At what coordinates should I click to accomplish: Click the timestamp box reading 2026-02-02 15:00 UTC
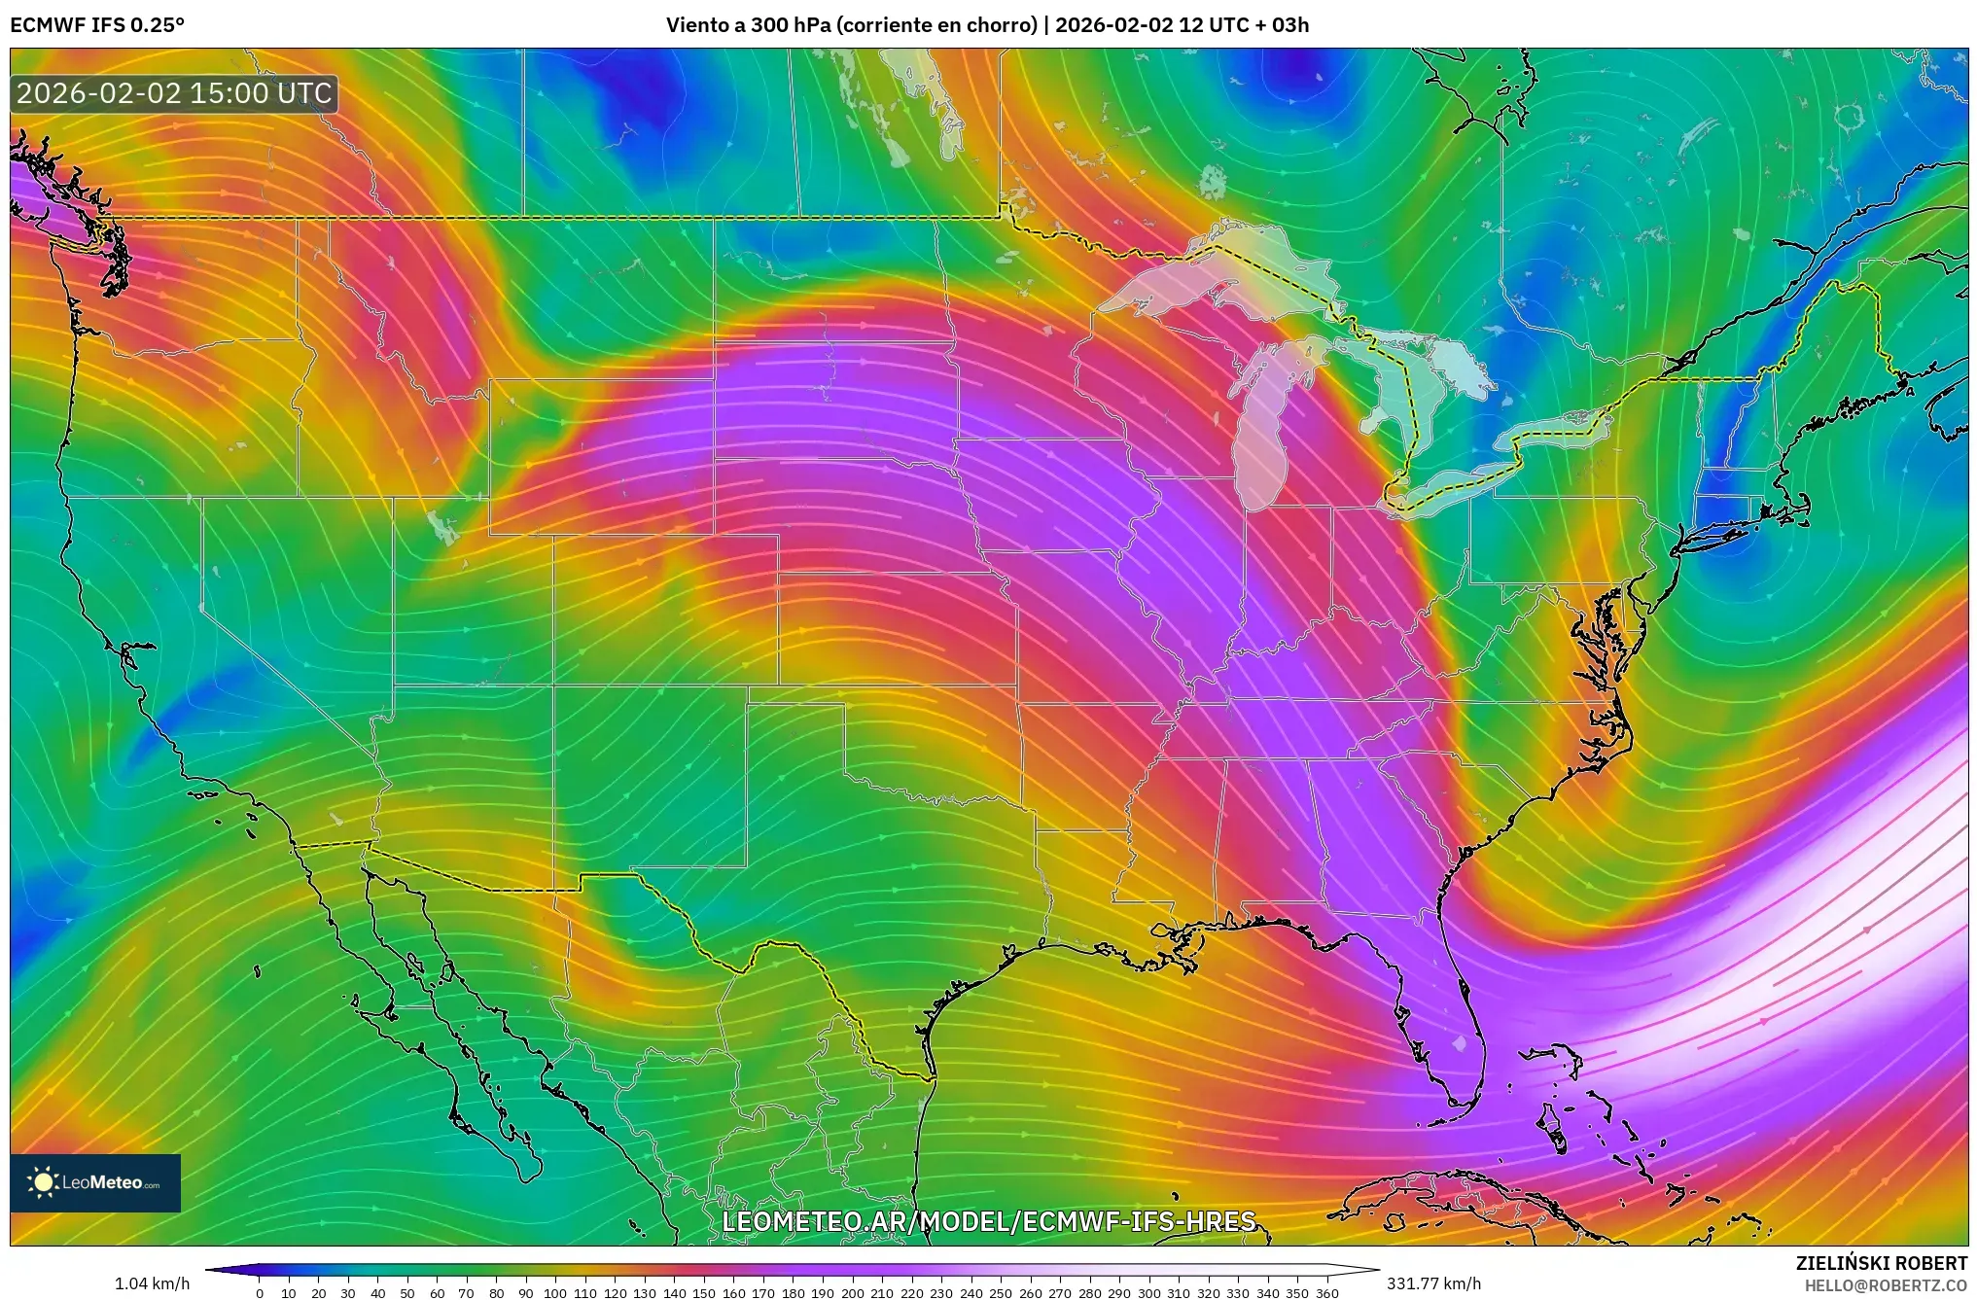point(174,93)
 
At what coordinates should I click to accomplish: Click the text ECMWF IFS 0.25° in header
point(97,25)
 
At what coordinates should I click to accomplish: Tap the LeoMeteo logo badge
point(95,1182)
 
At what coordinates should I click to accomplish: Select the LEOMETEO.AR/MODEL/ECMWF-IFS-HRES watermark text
point(988,1221)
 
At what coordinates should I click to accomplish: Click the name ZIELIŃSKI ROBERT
point(1881,1263)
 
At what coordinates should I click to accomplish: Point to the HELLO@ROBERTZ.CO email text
point(1886,1285)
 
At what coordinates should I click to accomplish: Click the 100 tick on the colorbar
point(555,1293)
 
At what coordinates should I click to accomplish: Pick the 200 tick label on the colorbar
point(852,1293)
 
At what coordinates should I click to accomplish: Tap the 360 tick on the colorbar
point(1326,1293)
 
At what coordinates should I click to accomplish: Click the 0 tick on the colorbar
point(260,1293)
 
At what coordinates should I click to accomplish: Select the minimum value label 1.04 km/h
point(152,1283)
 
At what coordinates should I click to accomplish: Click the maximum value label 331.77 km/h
point(1433,1283)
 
